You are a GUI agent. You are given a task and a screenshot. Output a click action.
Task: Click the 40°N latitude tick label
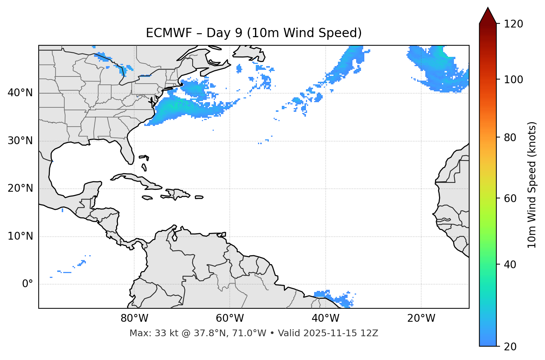20,93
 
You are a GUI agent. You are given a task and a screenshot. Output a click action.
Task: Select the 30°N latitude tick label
20,141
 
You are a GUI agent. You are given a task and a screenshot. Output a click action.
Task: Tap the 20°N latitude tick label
20,188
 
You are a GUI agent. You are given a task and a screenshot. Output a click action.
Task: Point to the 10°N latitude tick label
20,236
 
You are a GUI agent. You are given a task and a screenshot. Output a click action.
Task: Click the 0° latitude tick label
28,284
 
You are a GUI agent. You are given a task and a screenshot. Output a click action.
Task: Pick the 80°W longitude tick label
134,319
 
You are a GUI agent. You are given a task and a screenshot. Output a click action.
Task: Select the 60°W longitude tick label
230,319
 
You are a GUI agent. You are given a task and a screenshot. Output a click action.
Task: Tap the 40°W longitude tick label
325,319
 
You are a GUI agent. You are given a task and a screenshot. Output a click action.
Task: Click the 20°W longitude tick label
421,319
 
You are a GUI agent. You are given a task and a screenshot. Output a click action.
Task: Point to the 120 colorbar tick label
513,24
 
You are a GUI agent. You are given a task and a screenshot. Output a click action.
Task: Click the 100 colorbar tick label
513,80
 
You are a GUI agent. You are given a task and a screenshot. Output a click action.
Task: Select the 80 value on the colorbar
510,137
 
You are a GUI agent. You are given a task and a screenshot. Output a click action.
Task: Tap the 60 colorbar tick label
510,198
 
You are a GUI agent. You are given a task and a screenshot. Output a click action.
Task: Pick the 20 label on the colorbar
510,347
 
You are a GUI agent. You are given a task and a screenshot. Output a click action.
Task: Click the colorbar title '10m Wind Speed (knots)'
532,185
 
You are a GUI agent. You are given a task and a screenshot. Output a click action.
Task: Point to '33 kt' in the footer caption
161,333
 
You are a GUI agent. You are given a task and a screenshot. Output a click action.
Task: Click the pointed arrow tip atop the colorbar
488,9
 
